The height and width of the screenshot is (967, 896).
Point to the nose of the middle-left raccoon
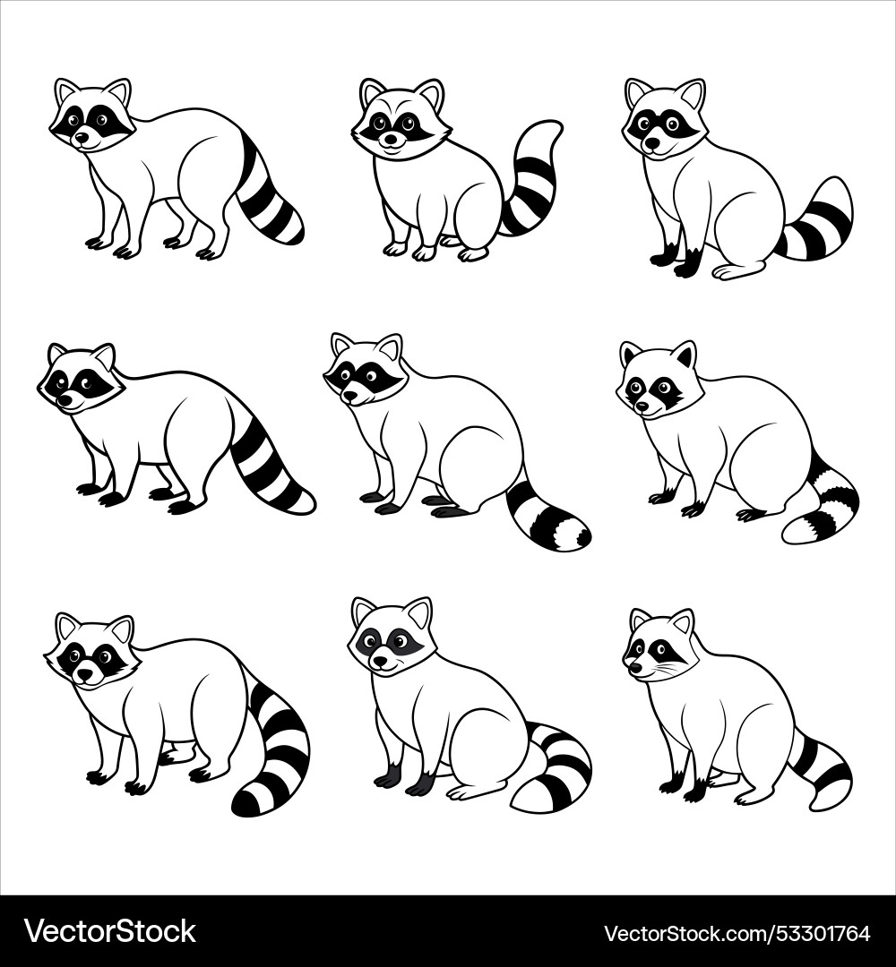[x=64, y=400]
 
